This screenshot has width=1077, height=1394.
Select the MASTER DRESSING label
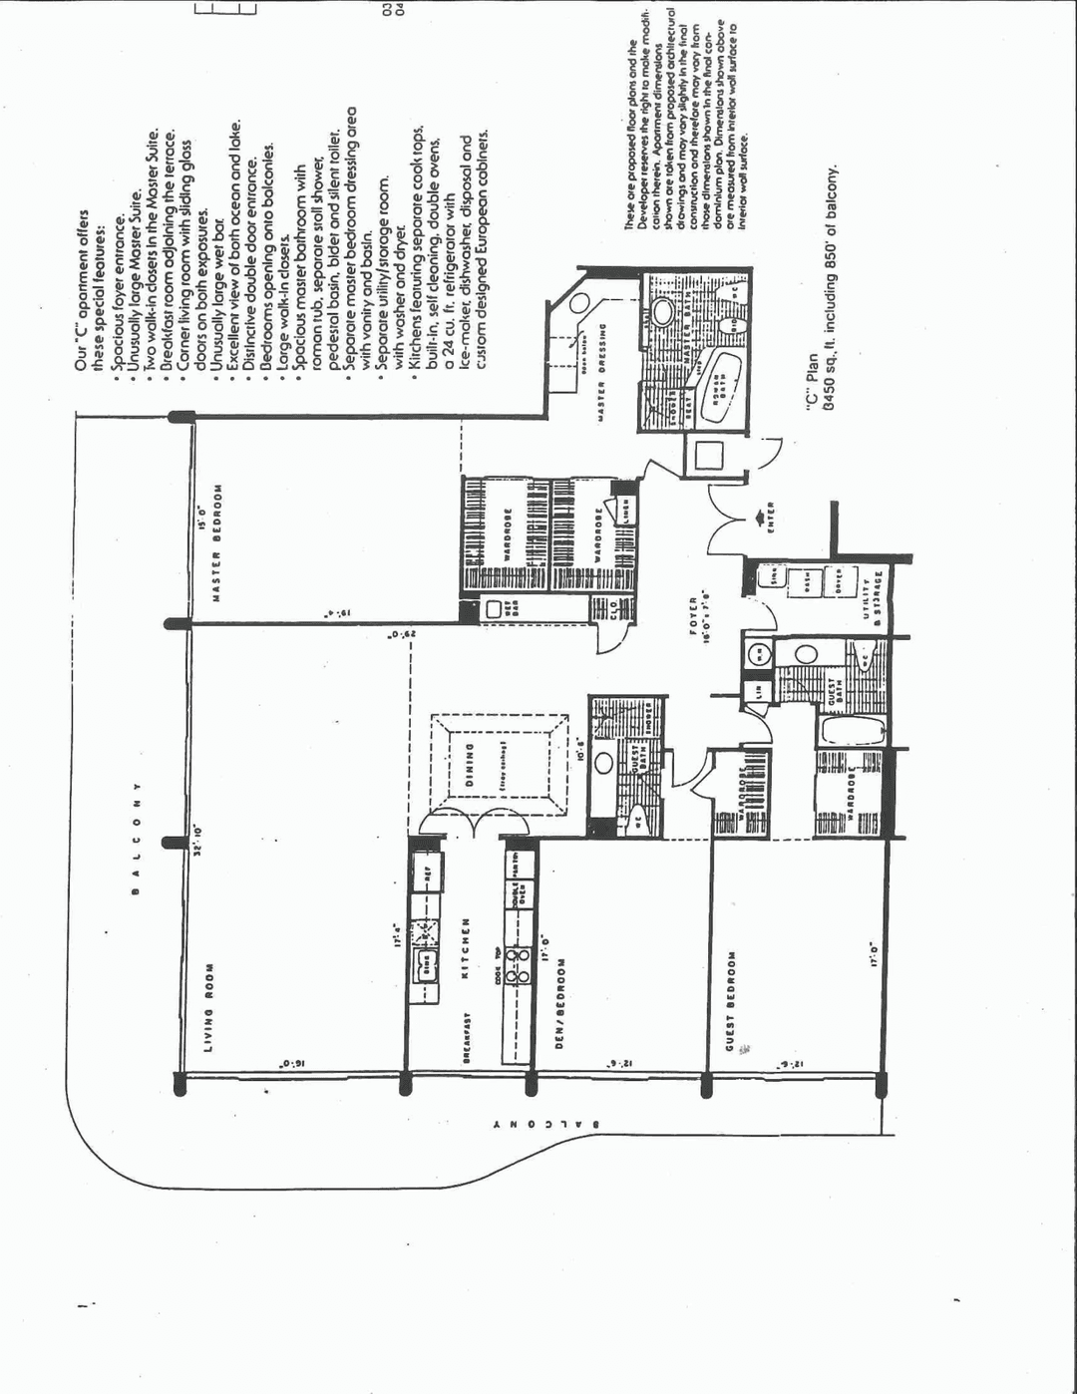(x=601, y=371)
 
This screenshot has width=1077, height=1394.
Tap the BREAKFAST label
(x=466, y=1039)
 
